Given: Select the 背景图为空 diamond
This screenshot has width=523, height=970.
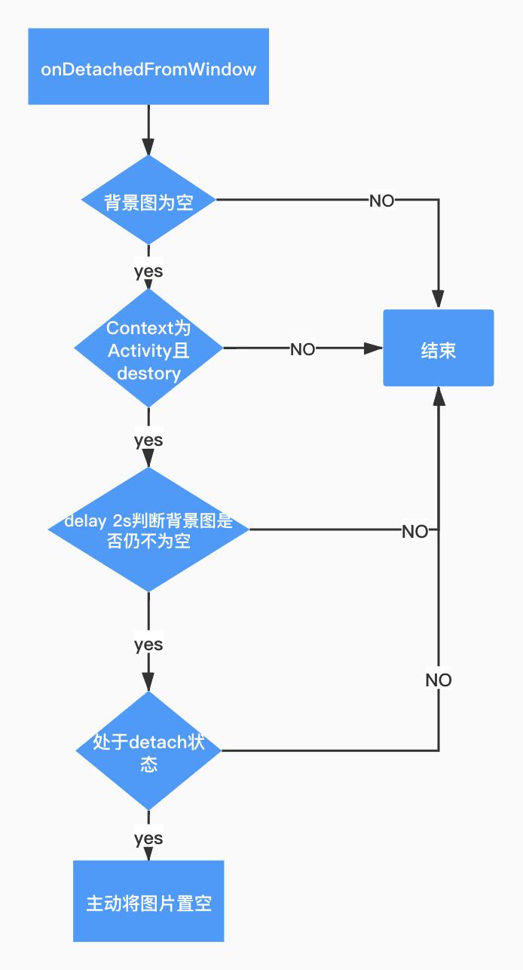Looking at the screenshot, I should (148, 201).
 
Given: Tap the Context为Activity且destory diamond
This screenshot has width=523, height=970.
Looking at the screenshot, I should (148, 348).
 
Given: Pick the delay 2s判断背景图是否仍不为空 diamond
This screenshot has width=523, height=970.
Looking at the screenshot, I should (148, 530).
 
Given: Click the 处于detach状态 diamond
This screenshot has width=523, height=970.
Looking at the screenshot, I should (148, 751).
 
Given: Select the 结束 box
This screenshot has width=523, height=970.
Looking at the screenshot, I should (439, 348).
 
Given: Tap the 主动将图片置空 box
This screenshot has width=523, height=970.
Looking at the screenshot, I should (148, 902).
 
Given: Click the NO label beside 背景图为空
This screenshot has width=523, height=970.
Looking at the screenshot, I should (381, 201).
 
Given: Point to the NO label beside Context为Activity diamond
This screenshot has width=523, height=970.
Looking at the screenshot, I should (303, 349).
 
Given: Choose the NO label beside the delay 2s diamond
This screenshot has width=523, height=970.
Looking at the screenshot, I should (414, 531).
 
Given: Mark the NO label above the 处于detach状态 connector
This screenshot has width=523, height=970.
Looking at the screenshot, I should (439, 680).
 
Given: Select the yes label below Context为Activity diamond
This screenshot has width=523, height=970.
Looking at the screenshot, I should (148, 440).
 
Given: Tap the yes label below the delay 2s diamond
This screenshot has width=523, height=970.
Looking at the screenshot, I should (148, 645).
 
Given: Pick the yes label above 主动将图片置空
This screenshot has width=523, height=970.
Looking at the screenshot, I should (148, 839).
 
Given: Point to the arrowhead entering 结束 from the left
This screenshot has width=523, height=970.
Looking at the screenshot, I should (375, 348).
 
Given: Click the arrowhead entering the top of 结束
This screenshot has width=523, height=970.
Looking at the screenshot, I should (439, 299).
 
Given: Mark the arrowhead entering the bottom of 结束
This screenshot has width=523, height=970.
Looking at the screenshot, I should (439, 396).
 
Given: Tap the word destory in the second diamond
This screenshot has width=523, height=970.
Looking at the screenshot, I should (148, 374).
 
